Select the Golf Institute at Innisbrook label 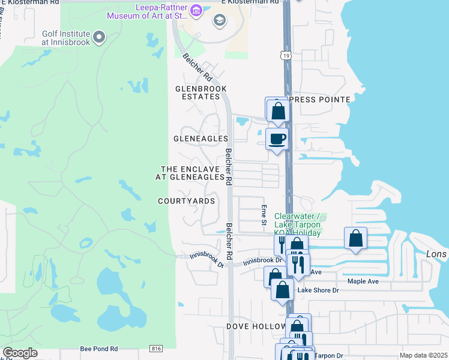click(x=66, y=38)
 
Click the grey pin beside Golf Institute click(x=100, y=38)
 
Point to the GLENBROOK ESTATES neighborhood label click(x=200, y=92)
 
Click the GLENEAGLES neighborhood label click(x=200, y=139)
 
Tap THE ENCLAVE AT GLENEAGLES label click(x=193, y=173)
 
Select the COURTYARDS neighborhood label click(x=186, y=201)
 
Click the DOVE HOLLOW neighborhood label click(x=256, y=326)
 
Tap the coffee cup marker click(x=277, y=139)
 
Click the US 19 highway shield click(x=285, y=55)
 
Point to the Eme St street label click(x=264, y=215)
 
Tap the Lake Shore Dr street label click(x=319, y=290)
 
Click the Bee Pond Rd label click(x=99, y=349)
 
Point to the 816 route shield click(x=157, y=349)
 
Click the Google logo click(x=20, y=353)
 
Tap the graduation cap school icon click(x=219, y=22)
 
